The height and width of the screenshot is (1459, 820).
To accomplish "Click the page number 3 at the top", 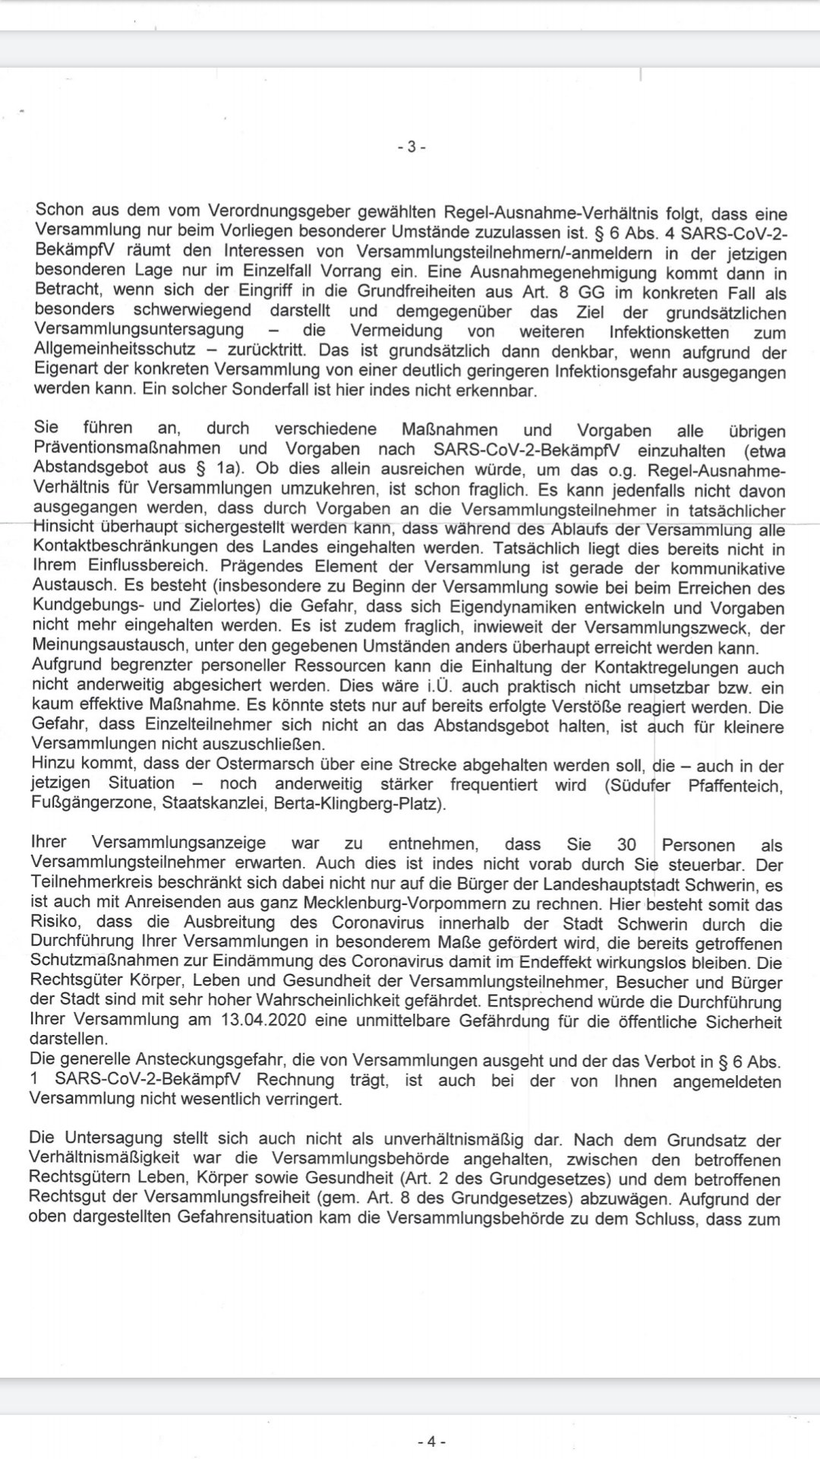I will tap(412, 147).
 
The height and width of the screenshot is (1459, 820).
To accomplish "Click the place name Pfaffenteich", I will tap(734, 785).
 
